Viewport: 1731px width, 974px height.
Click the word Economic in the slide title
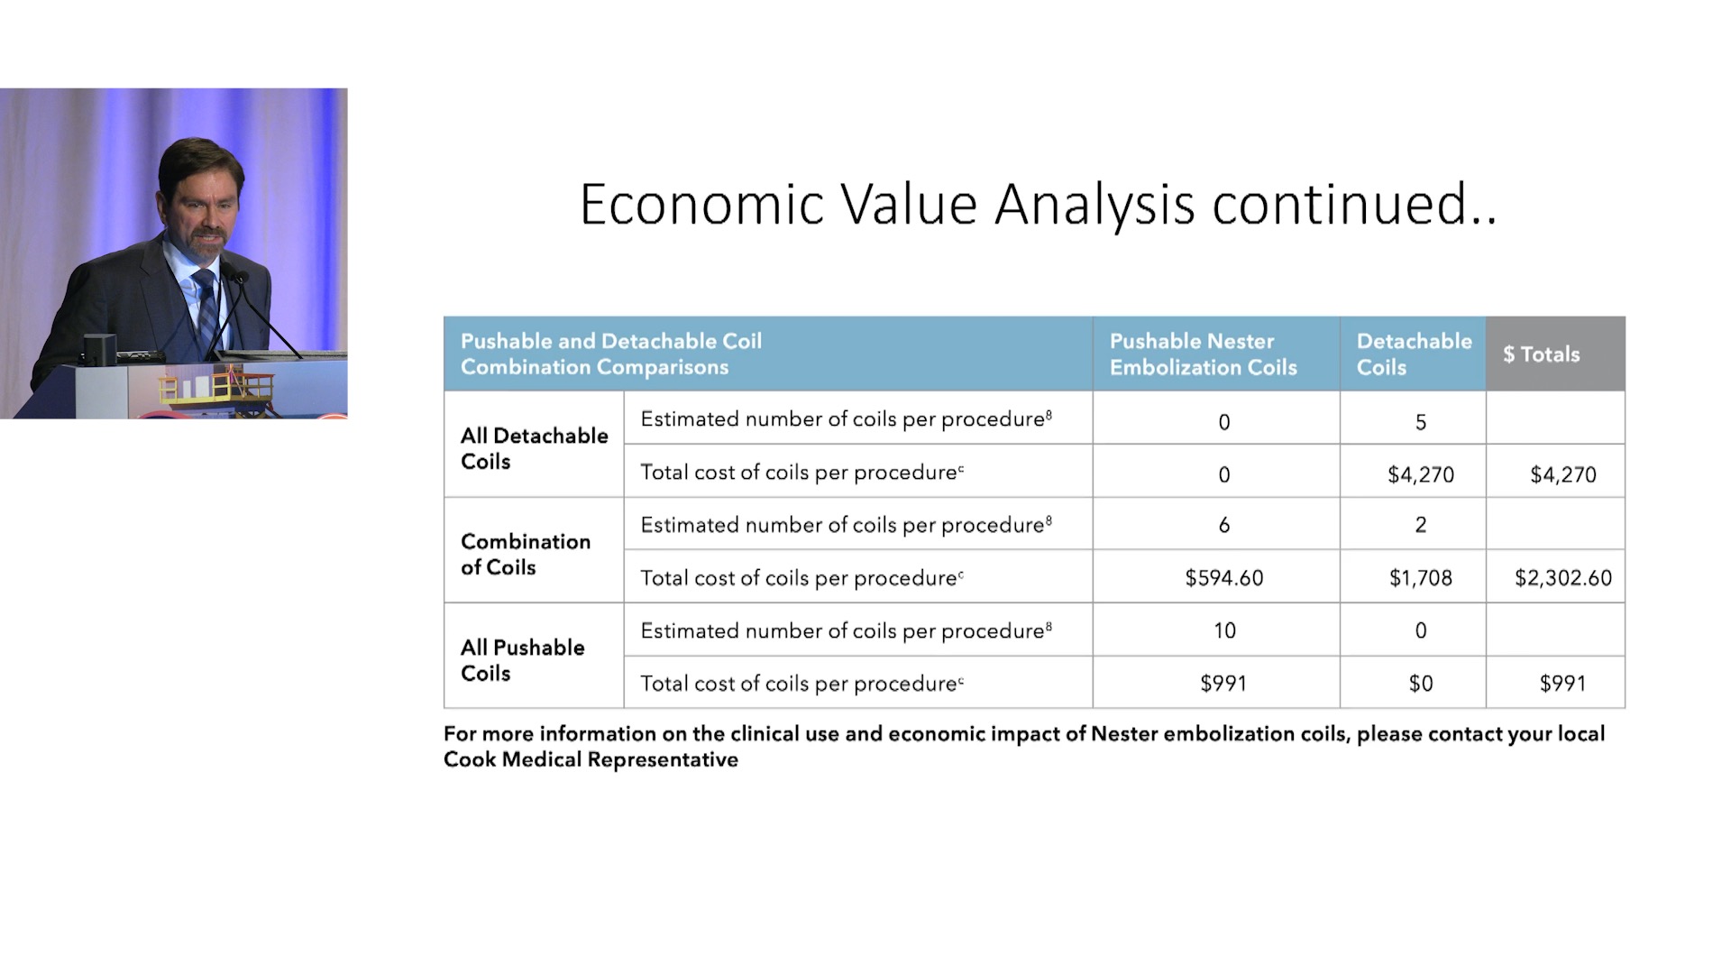(x=701, y=205)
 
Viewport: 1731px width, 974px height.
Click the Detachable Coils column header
(x=1414, y=354)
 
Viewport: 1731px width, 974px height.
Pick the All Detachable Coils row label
(x=534, y=448)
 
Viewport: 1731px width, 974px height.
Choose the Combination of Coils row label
(x=526, y=554)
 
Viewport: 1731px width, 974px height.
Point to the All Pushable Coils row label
(x=522, y=660)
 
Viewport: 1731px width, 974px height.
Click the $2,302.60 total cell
(x=1562, y=578)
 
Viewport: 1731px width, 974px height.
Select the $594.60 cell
(x=1223, y=578)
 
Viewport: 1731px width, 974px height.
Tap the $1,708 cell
(x=1420, y=578)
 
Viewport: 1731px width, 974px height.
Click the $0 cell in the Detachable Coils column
(x=1420, y=684)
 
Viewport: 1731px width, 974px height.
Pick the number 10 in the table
(x=1223, y=630)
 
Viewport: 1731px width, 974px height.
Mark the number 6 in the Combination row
(x=1223, y=525)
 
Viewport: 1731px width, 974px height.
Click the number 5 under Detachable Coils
(x=1420, y=422)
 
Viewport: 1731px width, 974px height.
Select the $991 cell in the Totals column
(x=1562, y=684)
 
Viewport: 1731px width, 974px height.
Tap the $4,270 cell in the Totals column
(x=1562, y=474)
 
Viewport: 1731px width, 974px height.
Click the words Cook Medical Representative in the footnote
(x=591, y=759)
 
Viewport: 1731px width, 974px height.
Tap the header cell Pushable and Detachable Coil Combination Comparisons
(x=611, y=354)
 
